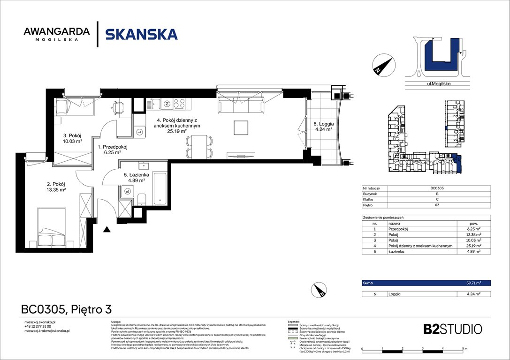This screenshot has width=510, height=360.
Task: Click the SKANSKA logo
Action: point(141,34)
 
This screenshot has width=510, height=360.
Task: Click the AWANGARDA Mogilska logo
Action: point(56,34)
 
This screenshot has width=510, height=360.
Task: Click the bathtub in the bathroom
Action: point(160,189)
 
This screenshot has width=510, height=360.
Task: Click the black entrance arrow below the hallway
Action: point(107,229)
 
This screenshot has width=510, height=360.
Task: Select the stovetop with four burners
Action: point(179,104)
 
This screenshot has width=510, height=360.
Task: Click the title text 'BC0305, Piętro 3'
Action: point(66,310)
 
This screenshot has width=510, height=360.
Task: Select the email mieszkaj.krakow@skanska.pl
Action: point(47,331)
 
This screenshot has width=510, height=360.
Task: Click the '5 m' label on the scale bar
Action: point(464,350)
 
